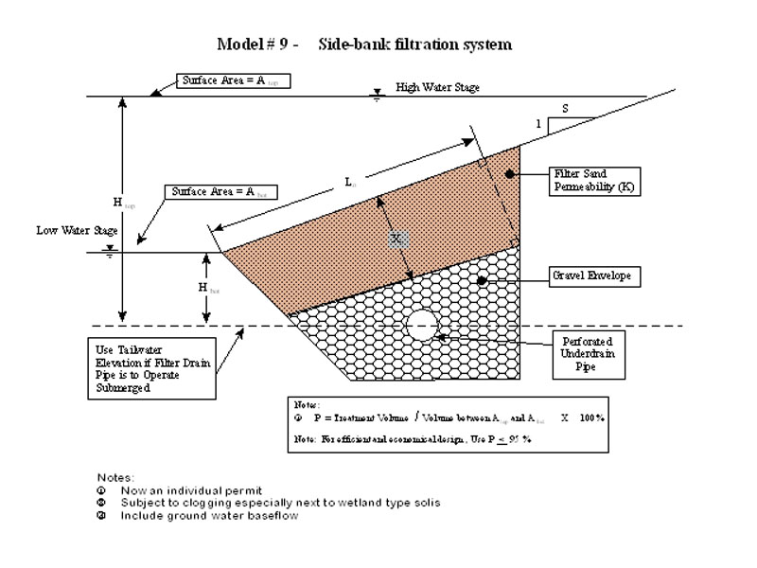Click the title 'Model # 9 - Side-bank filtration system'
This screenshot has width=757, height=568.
pyautogui.click(x=364, y=44)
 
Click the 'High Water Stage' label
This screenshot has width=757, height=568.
pyautogui.click(x=437, y=87)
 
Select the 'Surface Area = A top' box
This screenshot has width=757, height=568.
pyautogui.click(x=232, y=81)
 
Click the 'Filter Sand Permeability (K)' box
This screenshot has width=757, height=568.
pyautogui.click(x=595, y=181)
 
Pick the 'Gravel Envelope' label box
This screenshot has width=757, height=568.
pyautogui.click(x=590, y=277)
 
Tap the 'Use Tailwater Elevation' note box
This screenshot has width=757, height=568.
pyautogui.click(x=150, y=367)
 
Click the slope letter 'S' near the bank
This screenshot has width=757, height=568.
pyautogui.click(x=565, y=109)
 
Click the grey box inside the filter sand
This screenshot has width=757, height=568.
pyautogui.click(x=398, y=238)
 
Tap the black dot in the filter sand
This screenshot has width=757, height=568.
pyautogui.click(x=509, y=175)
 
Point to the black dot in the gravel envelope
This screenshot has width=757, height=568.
pyautogui.click(x=482, y=280)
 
